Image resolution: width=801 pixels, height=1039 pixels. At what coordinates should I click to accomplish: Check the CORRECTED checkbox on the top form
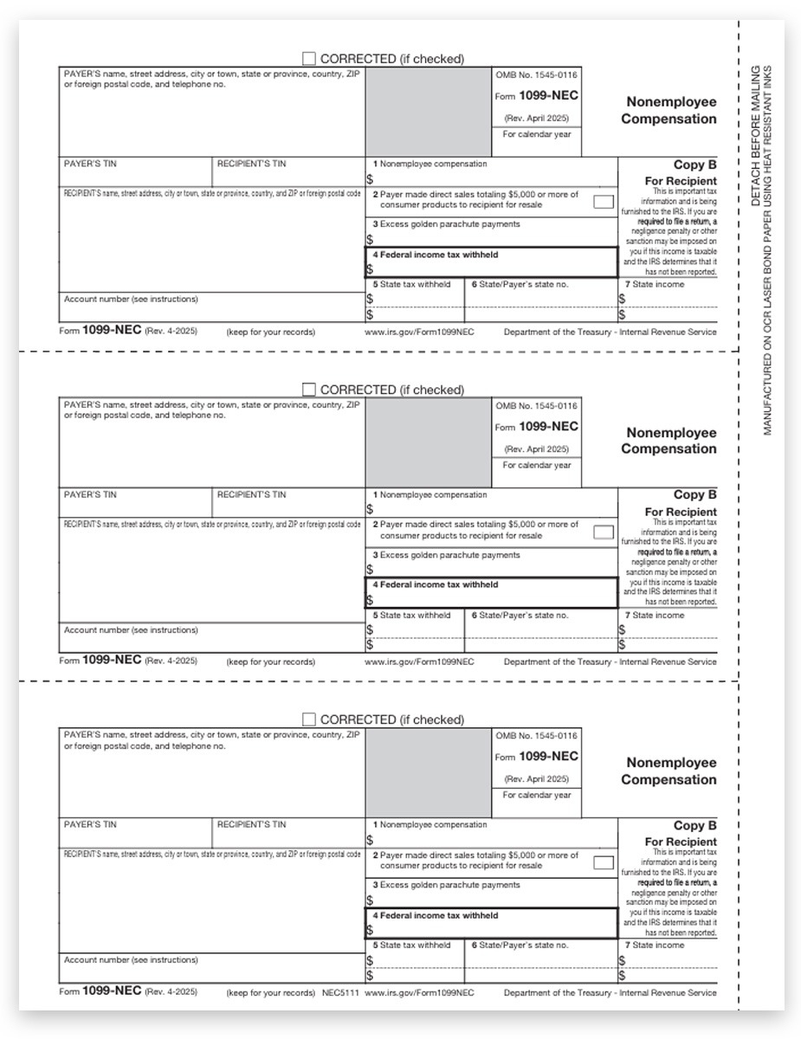click(309, 59)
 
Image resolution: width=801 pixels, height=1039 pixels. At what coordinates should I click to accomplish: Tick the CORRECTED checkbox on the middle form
click(309, 390)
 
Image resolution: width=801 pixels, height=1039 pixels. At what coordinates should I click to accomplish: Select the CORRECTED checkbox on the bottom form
click(309, 720)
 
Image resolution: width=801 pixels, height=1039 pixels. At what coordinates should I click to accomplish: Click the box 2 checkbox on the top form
click(604, 202)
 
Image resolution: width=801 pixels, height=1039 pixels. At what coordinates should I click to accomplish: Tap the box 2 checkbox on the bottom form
click(604, 863)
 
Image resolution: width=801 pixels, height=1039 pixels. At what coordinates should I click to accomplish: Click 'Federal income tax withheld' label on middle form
click(439, 585)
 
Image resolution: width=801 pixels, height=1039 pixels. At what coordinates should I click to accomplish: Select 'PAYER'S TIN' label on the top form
click(90, 164)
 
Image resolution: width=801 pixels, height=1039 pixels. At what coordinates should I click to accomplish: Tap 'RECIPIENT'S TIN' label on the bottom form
click(251, 825)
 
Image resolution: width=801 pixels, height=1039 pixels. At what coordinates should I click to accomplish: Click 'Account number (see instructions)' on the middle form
click(131, 630)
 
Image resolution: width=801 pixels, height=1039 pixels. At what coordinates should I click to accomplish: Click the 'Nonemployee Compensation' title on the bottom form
click(669, 771)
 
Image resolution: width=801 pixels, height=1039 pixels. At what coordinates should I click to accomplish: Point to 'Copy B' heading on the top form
click(694, 165)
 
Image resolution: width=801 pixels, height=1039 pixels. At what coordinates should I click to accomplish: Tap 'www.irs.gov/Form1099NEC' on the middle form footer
click(419, 662)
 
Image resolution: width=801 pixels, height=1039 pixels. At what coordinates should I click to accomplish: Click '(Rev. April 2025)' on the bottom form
click(537, 778)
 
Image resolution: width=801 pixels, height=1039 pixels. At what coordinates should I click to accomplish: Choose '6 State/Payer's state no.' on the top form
click(520, 284)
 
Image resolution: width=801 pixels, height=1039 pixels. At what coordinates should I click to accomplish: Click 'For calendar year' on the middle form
click(537, 465)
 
